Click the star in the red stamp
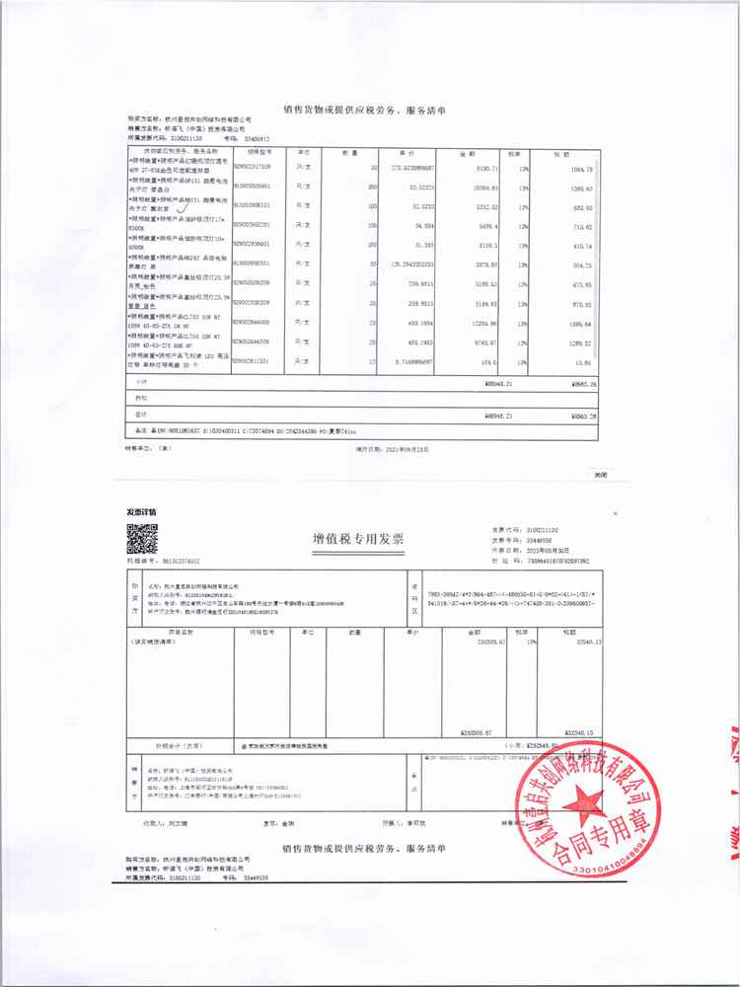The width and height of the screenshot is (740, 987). (591, 794)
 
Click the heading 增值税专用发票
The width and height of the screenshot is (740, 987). (357, 539)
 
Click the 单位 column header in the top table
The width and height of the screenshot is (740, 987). (305, 153)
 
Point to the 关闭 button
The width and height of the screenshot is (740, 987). (600, 474)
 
